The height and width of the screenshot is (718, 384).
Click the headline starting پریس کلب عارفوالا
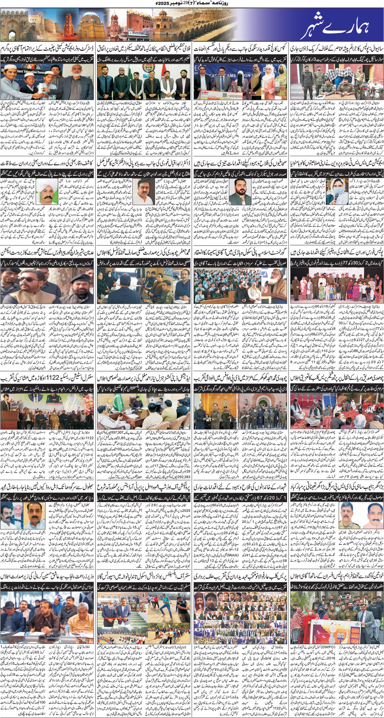click(x=240, y=577)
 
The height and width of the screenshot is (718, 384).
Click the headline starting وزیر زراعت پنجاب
click(x=48, y=577)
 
